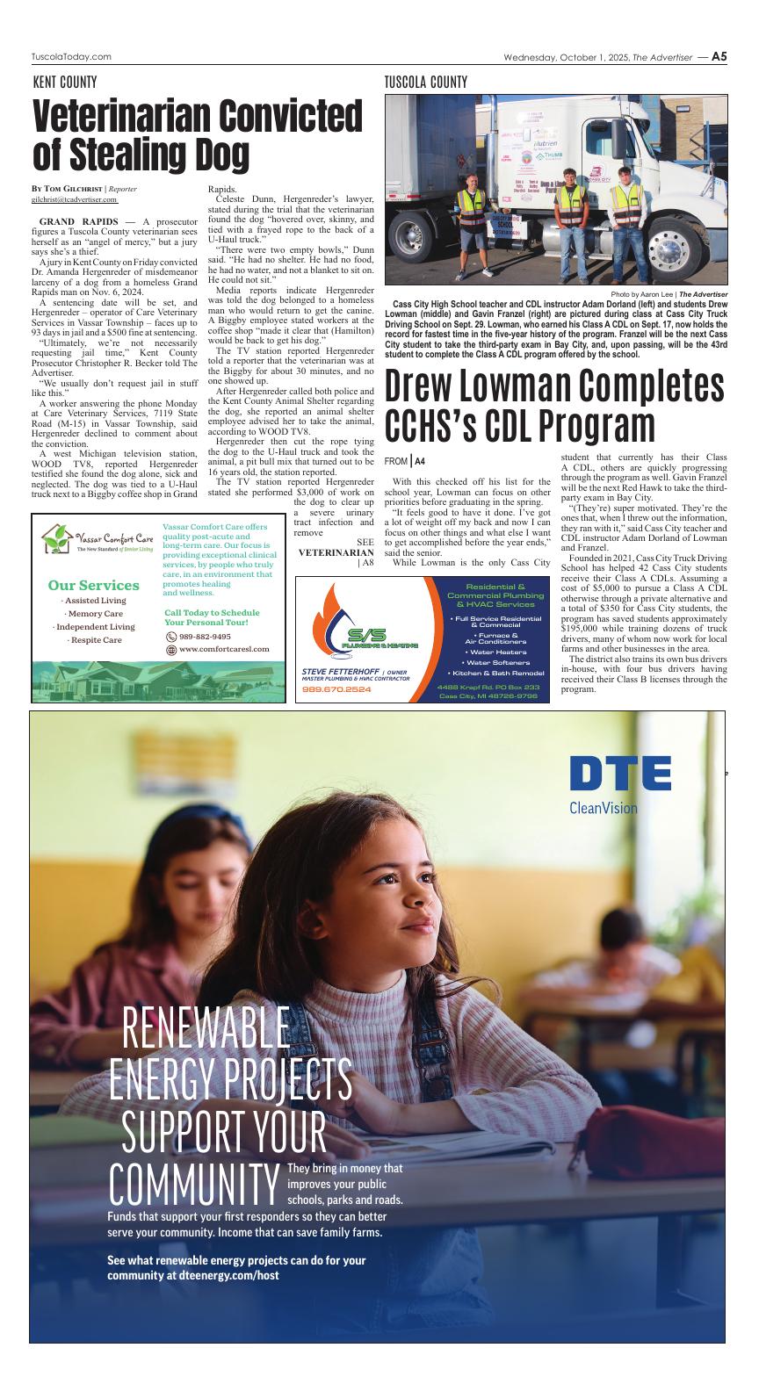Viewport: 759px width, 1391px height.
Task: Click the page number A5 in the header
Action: tap(719, 56)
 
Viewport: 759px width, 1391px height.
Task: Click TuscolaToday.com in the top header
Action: tap(71, 57)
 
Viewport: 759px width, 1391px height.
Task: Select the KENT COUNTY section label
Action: tap(65, 83)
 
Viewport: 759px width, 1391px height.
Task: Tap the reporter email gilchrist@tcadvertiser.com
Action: tap(75, 199)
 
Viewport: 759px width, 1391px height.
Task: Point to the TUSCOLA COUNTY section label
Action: tap(426, 83)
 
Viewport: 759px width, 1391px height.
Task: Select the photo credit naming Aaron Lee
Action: tap(669, 294)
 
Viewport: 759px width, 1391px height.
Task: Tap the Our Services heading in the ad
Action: tap(94, 585)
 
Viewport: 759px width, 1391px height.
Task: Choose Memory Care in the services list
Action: tap(95, 614)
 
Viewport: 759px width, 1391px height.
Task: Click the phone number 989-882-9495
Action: tap(205, 637)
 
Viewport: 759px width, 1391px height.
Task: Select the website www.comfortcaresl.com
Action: tap(224, 650)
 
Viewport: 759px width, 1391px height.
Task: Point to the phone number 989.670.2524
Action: tap(336, 689)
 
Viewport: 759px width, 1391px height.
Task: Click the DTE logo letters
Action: tap(619, 773)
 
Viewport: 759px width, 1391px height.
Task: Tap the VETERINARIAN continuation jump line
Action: tap(336, 552)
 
